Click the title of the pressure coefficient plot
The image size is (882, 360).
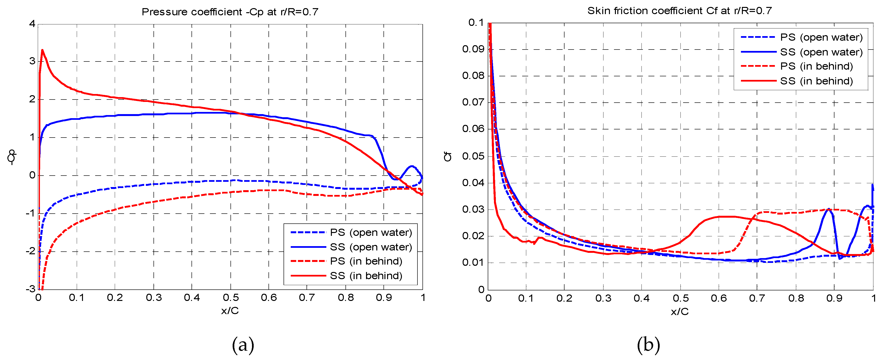(230, 12)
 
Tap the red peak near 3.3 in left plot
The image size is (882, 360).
(42, 50)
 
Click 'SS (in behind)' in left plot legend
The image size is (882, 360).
(365, 276)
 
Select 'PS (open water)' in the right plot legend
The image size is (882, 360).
(821, 37)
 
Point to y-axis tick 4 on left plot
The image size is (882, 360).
(32, 24)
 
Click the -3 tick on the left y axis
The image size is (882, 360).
(31, 289)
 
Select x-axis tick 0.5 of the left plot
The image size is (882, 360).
(230, 298)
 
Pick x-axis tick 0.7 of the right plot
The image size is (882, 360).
(757, 298)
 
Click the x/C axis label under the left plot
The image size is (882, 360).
(230, 311)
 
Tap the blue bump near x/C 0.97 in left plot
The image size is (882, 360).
(411, 166)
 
